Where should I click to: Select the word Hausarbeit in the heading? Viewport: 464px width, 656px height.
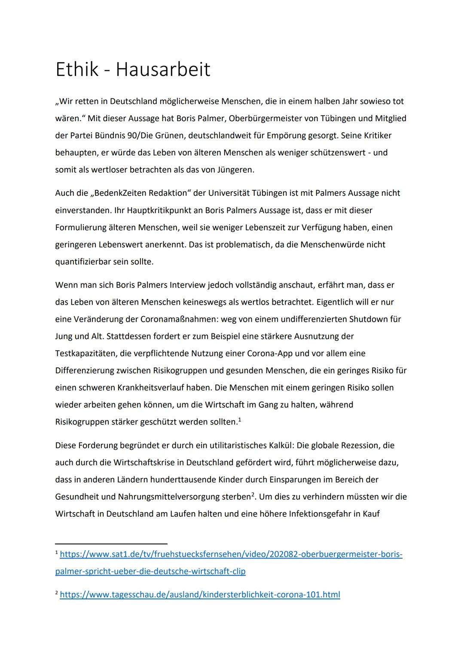point(163,70)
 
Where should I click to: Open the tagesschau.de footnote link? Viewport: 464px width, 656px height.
point(200,595)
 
